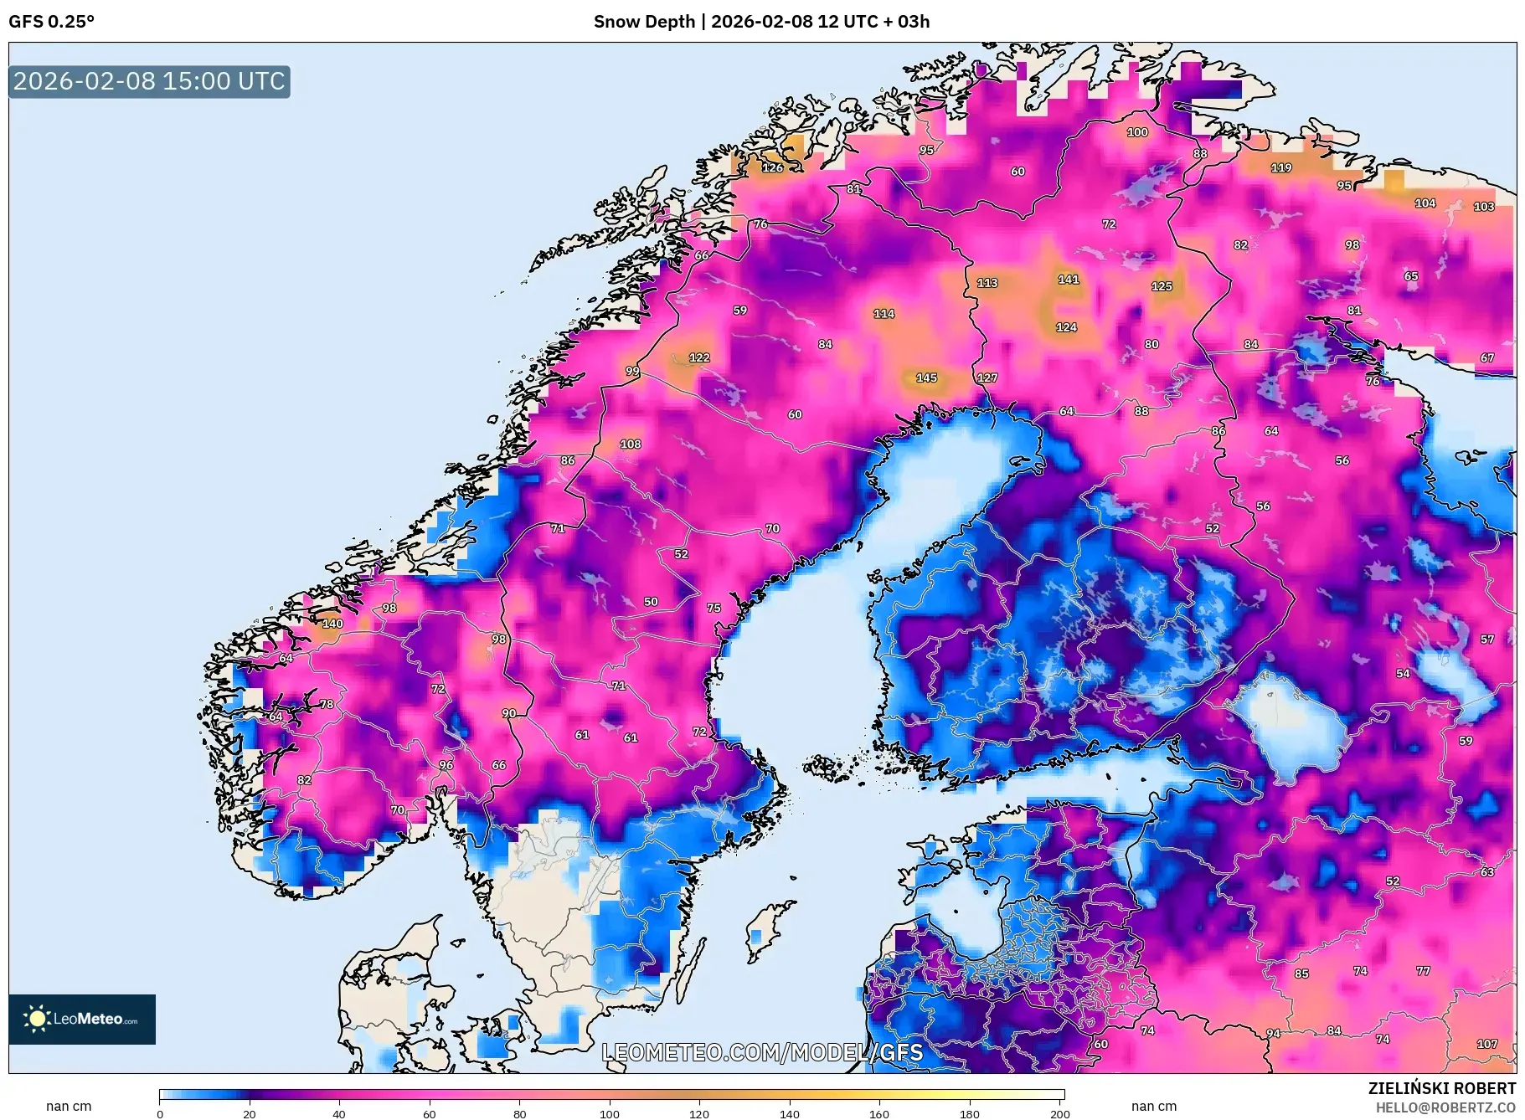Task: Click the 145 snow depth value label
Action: (x=926, y=378)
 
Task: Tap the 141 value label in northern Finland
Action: (x=1068, y=280)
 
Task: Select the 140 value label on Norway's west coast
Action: (x=332, y=624)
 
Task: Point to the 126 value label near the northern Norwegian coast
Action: (x=772, y=167)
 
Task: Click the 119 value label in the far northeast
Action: (x=1281, y=167)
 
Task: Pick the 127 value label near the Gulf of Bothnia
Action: (x=987, y=378)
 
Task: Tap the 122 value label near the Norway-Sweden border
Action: (x=699, y=357)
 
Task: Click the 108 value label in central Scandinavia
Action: (x=631, y=444)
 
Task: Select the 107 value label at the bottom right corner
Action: (x=1486, y=1044)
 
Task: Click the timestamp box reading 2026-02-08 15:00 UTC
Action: (x=149, y=81)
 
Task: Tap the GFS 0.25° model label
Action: (x=51, y=22)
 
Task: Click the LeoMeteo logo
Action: (x=82, y=1019)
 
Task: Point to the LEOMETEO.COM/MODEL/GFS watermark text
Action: (x=762, y=1052)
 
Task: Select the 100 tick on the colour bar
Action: (x=610, y=1113)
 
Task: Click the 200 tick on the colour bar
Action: (x=1060, y=1113)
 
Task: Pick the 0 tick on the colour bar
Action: (x=160, y=1113)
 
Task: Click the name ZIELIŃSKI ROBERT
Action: (x=1441, y=1088)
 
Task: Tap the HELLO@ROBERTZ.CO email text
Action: (x=1445, y=1107)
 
